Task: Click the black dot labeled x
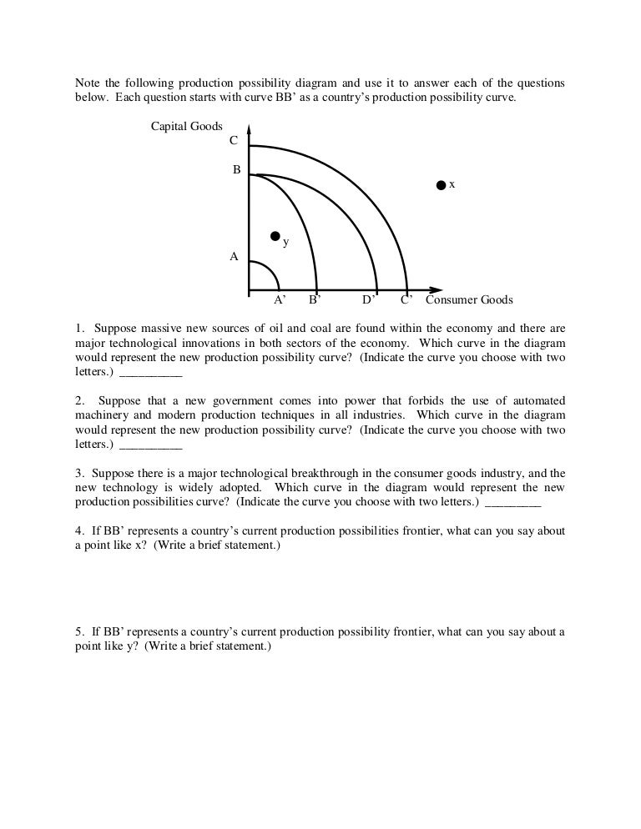pos(442,185)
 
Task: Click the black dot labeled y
pos(275,236)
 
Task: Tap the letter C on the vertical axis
pos(235,140)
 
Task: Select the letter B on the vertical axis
pos(236,169)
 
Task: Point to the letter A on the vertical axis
pos(235,257)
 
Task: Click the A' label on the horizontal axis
pos(280,300)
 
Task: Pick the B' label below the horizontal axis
pos(315,300)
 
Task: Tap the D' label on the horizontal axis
pos(368,300)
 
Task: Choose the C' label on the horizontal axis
pos(406,300)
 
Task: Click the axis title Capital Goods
pos(186,127)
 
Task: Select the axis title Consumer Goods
pos(469,300)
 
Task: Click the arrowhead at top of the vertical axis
pos(250,131)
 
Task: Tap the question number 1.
pos(78,329)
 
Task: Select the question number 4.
pos(78,531)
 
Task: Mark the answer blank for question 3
pos(512,503)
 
